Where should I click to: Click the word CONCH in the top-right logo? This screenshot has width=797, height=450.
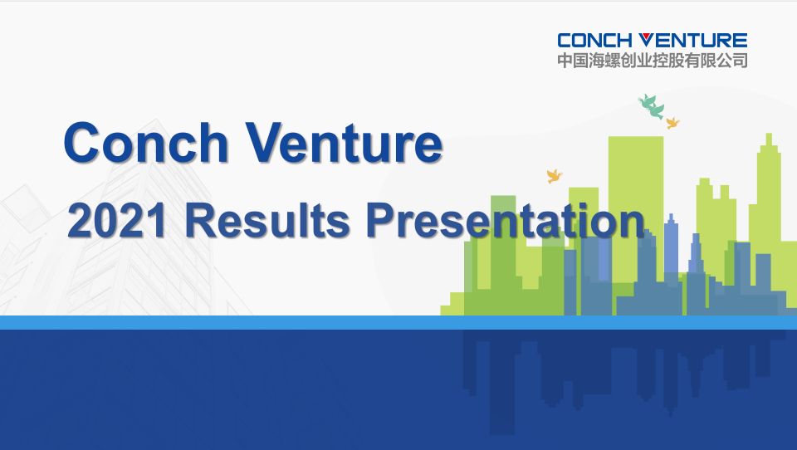click(x=594, y=40)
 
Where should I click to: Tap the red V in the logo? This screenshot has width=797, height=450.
click(x=644, y=40)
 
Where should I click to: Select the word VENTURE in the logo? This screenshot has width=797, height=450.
click(x=692, y=40)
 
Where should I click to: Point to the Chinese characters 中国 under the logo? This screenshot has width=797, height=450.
click(x=573, y=61)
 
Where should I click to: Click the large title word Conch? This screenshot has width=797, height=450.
click(x=146, y=143)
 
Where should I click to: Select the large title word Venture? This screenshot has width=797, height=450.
click(x=344, y=143)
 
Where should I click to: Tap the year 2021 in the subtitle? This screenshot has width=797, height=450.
click(x=117, y=221)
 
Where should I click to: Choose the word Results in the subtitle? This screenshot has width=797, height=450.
click(x=267, y=221)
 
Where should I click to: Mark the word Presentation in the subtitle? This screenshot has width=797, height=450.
click(x=506, y=221)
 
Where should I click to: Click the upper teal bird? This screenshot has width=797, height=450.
click(x=647, y=100)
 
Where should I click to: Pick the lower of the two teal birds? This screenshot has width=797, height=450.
click(x=656, y=111)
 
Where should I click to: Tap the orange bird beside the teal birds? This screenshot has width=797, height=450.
click(x=672, y=123)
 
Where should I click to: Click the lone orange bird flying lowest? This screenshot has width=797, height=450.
click(x=554, y=176)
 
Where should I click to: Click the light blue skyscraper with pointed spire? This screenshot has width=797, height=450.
click(x=671, y=247)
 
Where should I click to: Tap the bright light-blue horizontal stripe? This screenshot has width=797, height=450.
click(x=398, y=322)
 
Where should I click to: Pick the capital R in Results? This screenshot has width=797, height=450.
click(x=201, y=220)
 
